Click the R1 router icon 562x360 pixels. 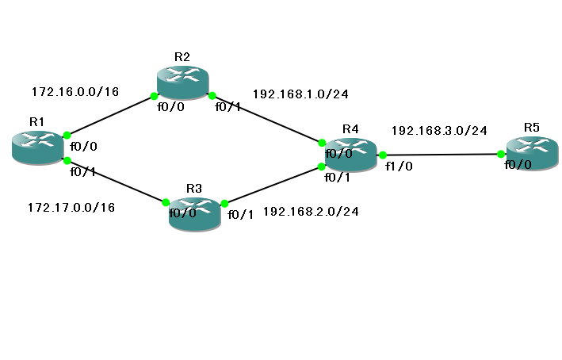38,147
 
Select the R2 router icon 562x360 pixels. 183,82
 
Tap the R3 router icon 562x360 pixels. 195,214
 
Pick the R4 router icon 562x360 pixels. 351,155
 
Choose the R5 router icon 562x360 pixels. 532,153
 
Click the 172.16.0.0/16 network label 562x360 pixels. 75,92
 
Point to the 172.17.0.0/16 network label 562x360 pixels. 71,207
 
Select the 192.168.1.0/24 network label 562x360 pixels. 300,94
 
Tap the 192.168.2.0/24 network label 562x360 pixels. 311,212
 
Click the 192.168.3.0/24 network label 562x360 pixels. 439,131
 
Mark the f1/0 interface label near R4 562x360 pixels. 399,166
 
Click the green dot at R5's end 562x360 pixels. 501,154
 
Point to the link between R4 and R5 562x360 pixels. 442,155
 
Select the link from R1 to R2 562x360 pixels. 110,116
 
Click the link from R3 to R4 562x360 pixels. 273,185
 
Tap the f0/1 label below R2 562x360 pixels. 228,107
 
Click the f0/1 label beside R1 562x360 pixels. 82,172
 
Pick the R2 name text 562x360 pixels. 182,57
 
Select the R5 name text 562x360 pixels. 532,128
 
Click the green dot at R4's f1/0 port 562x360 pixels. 383,155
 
